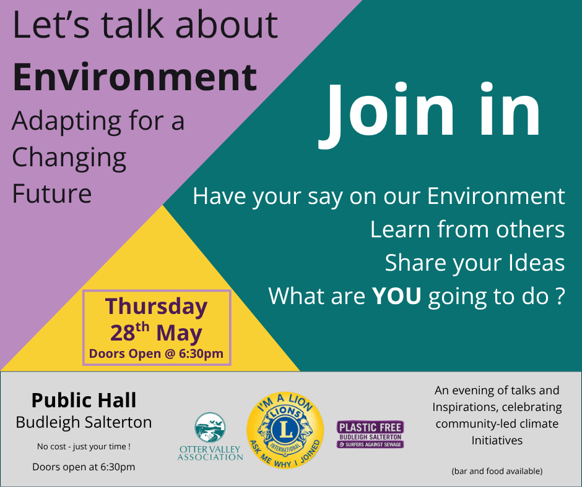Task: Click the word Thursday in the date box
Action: [156, 307]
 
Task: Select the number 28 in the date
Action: [123, 334]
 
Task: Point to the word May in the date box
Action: [179, 334]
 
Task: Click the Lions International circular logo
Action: [285, 427]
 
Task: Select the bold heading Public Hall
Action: [84, 400]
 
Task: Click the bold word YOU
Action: [396, 296]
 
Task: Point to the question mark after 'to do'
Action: [559, 296]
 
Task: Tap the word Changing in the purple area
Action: [69, 157]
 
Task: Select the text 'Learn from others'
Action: [467, 229]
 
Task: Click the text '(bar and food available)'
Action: [497, 471]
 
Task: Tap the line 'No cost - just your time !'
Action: [84, 446]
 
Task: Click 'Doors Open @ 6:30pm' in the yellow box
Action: [156, 354]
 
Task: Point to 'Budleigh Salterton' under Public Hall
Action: [84, 423]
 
